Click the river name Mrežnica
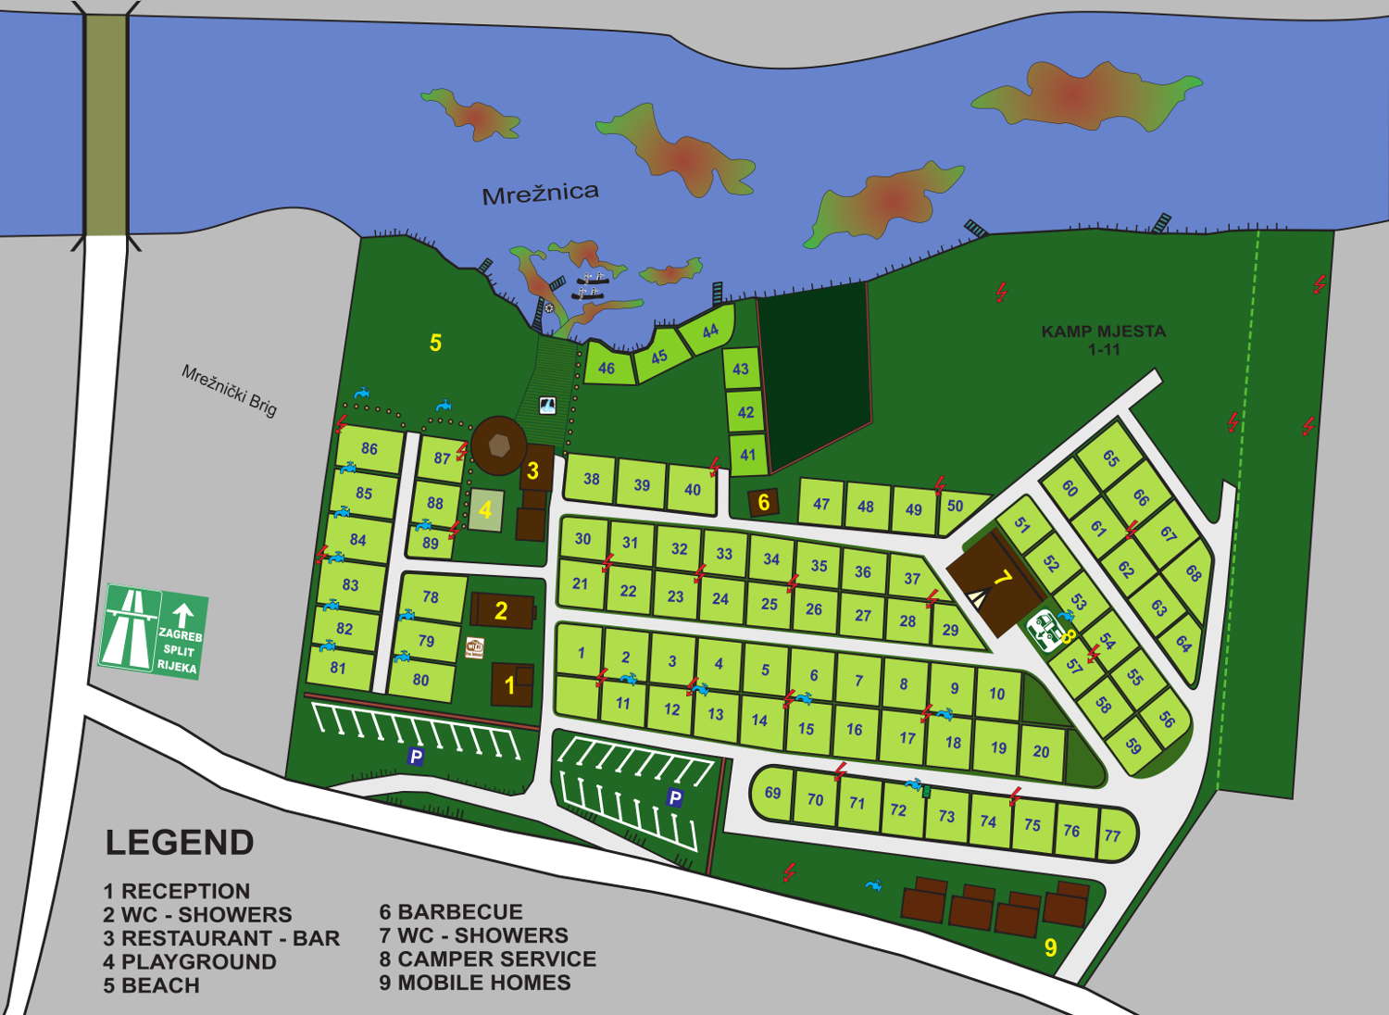[x=540, y=193]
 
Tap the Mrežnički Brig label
[x=229, y=390]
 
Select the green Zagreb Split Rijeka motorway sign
[x=153, y=632]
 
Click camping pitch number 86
[x=369, y=449]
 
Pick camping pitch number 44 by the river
[x=709, y=332]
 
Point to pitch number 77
[x=1112, y=835]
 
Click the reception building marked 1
[x=511, y=685]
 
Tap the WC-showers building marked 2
[x=502, y=610]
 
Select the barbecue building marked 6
[x=764, y=503]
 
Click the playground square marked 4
[x=485, y=510]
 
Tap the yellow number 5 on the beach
[x=435, y=343]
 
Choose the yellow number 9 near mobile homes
[x=1050, y=947]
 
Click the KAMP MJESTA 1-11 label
[x=1103, y=340]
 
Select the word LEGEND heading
[x=180, y=843]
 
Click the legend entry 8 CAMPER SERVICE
[x=487, y=959]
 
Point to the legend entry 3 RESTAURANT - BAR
[x=221, y=938]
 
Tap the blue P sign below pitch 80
[x=416, y=758]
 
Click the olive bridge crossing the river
[x=106, y=120]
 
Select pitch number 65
[x=1110, y=458]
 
